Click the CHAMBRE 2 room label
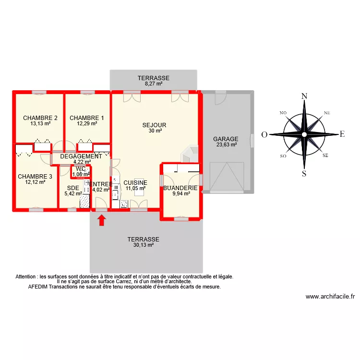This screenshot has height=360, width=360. coord(40,118)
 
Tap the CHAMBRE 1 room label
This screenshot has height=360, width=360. coord(87,118)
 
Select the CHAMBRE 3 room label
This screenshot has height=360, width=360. coord(35,177)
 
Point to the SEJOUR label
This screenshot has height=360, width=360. coord(154,125)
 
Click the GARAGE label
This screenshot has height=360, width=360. coord(226,139)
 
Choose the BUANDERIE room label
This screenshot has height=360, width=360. coord(180,188)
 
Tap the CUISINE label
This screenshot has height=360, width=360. coord(135,183)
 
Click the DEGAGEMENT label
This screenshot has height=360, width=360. coord(81,156)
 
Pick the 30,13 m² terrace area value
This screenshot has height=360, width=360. coord(143,245)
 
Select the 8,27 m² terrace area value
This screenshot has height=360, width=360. coord(154,84)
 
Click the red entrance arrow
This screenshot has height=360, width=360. coord(101,220)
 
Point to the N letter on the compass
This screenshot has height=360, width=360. coord(304,96)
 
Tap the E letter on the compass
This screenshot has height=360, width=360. coord(342,134)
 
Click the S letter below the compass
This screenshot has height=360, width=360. coord(304,173)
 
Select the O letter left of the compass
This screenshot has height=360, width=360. coord(264,135)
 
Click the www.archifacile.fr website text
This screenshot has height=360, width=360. coord(329,297)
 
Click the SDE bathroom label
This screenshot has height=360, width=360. coord(73,188)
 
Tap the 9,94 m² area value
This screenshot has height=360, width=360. coord(181,194)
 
